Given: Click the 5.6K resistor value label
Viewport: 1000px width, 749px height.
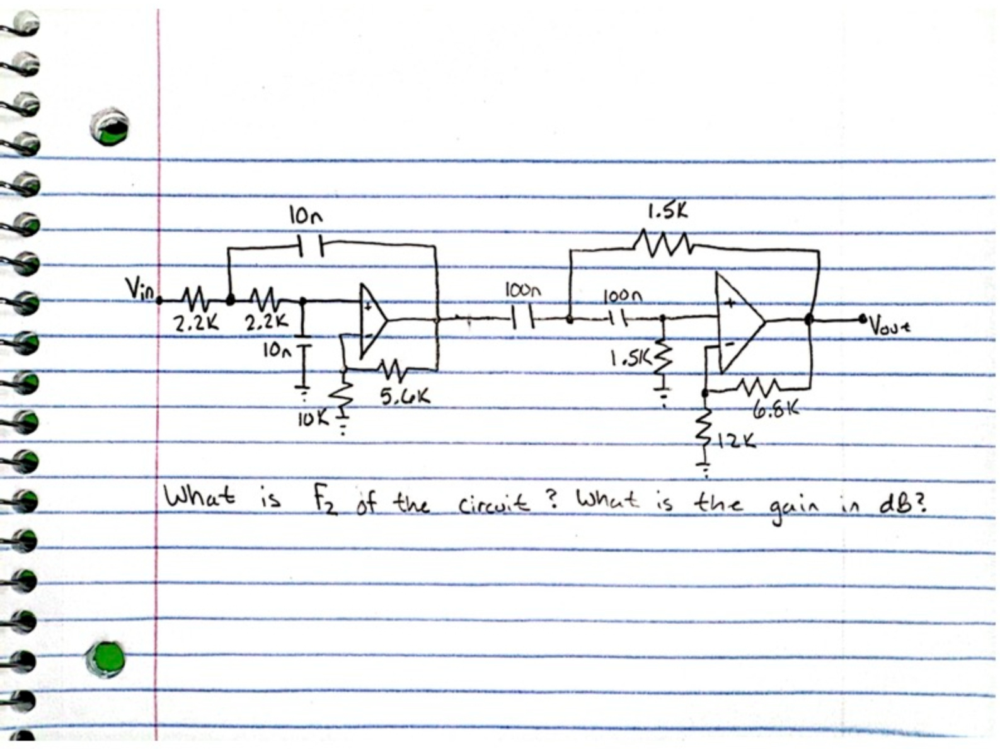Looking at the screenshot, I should (x=405, y=396).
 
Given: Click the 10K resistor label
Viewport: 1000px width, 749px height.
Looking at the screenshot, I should (x=313, y=418).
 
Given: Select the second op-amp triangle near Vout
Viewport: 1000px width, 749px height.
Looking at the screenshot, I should (x=739, y=322).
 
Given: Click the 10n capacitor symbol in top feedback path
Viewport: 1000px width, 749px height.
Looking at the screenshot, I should (x=309, y=244).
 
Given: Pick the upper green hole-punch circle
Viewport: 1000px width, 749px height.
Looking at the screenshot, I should (x=109, y=127).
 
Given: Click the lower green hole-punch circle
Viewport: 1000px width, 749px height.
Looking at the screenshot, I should (x=106, y=659).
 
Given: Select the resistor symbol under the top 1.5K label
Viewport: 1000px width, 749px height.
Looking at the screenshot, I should (x=665, y=242).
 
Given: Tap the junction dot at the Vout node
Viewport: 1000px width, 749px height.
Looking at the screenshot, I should (x=810, y=319).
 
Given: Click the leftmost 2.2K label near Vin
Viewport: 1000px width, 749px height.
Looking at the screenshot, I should (x=195, y=324).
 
